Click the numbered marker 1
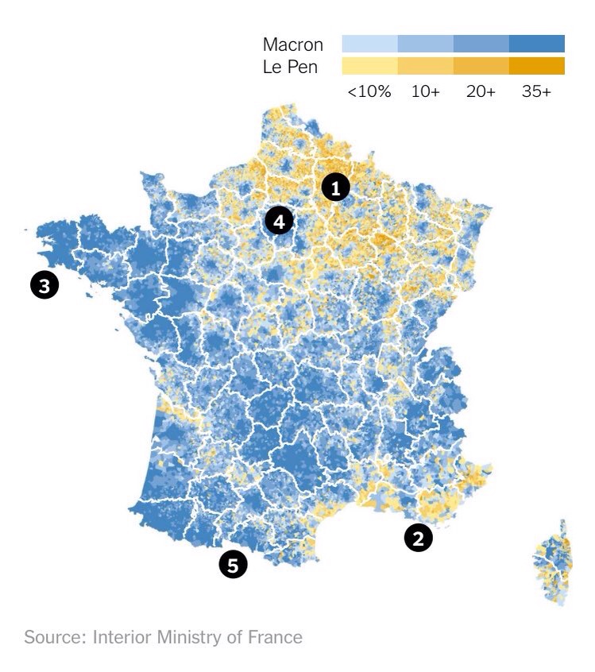[336, 188]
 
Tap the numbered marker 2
[419, 538]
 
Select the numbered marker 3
[44, 284]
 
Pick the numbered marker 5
[233, 565]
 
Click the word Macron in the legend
[292, 44]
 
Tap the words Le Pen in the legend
[290, 67]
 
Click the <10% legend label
[369, 91]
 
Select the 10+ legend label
[426, 91]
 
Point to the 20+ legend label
[481, 91]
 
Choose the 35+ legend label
[536, 91]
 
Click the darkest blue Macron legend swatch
[537, 43]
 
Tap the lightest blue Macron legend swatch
[369, 43]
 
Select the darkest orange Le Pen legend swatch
[537, 66]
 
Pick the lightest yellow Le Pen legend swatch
[369, 66]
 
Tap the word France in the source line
[279, 637]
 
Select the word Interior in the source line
[122, 637]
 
